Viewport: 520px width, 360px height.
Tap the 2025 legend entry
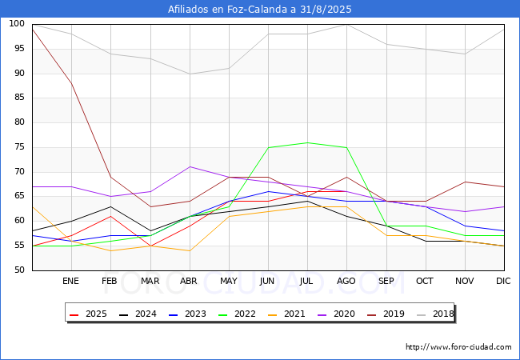88,314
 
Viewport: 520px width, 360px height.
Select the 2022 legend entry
237,314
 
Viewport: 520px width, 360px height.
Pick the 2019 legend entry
386,314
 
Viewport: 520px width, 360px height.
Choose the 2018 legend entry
435,314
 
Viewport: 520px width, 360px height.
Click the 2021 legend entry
286,314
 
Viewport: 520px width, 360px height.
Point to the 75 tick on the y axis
19,147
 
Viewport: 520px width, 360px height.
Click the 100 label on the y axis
17,24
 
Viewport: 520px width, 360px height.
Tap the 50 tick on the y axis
19,270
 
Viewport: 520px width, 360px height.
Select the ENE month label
70,281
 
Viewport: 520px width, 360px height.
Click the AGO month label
346,281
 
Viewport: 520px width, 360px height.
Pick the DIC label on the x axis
503,281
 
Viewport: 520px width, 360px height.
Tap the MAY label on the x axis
229,281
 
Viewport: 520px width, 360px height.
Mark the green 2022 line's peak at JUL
307,143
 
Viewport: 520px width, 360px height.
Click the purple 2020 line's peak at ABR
190,166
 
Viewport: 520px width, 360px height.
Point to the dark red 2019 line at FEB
110,178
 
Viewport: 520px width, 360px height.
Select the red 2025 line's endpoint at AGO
346,192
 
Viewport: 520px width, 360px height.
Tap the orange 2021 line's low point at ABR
190,250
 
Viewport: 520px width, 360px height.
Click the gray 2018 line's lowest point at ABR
190,74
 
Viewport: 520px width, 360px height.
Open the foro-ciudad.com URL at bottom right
458,347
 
